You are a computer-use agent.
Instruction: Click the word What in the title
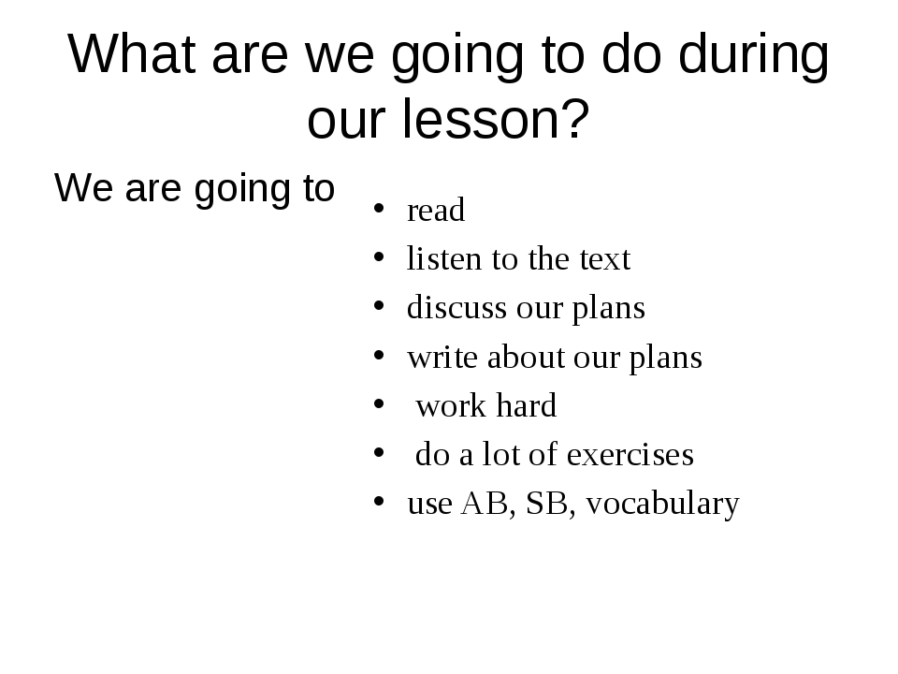[x=132, y=53]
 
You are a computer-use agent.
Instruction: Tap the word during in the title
[x=754, y=56]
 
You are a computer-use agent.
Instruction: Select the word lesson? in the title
[x=496, y=118]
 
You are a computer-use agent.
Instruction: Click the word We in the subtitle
[x=83, y=187]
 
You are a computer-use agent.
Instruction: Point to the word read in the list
[x=436, y=209]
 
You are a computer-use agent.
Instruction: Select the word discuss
[x=457, y=307]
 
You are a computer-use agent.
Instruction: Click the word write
[x=442, y=357]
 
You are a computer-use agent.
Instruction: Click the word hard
[x=527, y=405]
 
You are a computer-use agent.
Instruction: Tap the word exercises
[x=630, y=455]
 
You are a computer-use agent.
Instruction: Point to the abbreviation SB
[x=547, y=504]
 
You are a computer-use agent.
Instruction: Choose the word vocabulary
[x=662, y=505]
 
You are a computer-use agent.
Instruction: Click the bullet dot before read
[x=379, y=209]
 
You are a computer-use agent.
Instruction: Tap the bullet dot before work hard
[x=379, y=404]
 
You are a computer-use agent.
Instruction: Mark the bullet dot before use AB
[x=379, y=502]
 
